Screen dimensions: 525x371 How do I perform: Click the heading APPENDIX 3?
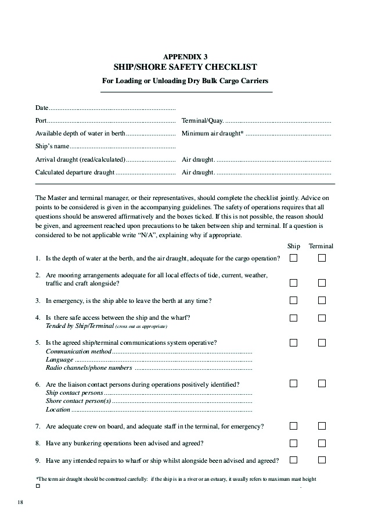click(x=185, y=56)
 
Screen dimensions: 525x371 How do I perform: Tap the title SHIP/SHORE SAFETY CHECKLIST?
click(x=185, y=67)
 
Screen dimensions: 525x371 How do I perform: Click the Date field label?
click(x=42, y=108)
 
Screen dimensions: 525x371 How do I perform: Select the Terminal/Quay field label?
click(x=202, y=121)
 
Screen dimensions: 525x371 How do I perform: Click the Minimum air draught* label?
click(x=212, y=133)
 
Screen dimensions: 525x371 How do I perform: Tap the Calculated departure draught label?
click(x=75, y=172)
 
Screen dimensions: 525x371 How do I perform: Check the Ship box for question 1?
click(x=294, y=258)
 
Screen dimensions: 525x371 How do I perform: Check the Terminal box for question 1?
click(x=322, y=258)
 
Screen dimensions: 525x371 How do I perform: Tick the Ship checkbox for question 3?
click(x=294, y=301)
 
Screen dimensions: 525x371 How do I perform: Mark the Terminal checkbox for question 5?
click(x=322, y=342)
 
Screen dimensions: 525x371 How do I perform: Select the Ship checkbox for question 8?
click(x=294, y=443)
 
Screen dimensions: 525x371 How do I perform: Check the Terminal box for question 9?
click(x=322, y=460)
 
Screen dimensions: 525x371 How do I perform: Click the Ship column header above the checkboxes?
click(x=294, y=246)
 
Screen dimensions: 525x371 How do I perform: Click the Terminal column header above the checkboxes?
click(x=321, y=246)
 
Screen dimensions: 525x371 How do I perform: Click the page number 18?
click(x=20, y=502)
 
